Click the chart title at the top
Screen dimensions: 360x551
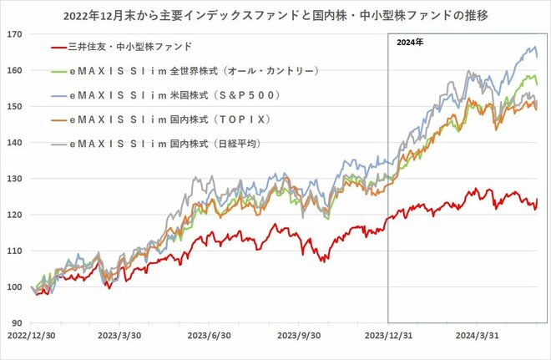click(275, 14)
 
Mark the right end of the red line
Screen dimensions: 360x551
click(538, 200)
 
